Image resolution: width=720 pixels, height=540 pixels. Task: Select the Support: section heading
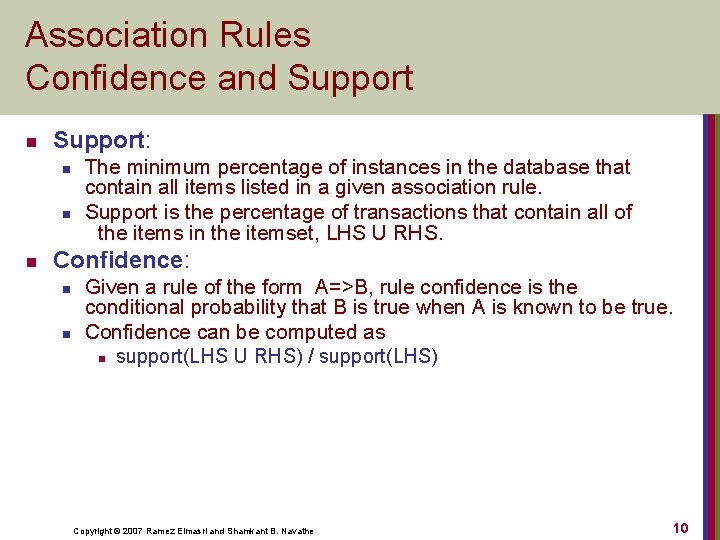pos(108,140)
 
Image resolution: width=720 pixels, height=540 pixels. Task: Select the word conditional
pos(135,307)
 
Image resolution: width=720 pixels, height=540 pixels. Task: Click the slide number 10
pos(680,527)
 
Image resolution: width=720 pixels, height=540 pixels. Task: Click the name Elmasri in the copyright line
pos(191,530)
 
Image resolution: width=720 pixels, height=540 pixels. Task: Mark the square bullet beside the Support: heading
pos(31,141)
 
